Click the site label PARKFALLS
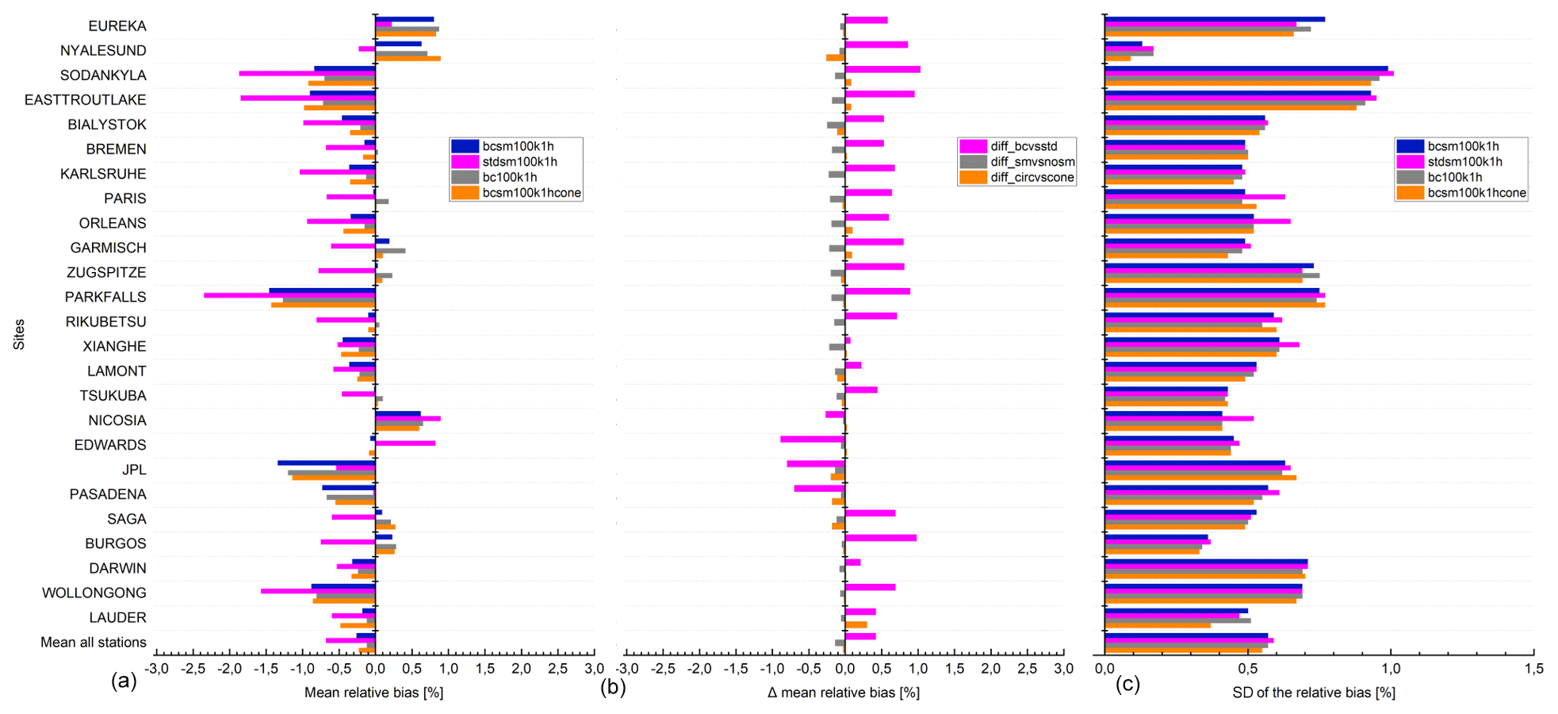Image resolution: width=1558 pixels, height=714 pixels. click(x=105, y=297)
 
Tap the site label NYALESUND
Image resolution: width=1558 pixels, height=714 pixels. click(x=103, y=51)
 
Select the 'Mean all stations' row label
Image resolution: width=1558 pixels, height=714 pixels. click(x=94, y=642)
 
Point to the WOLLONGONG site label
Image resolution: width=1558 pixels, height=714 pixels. click(x=94, y=593)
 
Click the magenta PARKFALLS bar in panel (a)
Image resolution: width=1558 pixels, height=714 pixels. click(x=289, y=295)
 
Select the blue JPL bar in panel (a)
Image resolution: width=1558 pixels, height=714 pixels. click(x=326, y=463)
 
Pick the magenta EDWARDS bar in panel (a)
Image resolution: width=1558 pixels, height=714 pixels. click(x=405, y=443)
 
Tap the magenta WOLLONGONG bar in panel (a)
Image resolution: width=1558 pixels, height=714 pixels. click(x=318, y=590)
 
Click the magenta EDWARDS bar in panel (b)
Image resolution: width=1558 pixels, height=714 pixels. click(x=813, y=439)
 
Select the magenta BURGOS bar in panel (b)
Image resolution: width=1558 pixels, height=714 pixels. click(x=881, y=538)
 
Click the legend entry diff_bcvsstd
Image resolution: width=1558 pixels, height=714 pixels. click(x=1024, y=146)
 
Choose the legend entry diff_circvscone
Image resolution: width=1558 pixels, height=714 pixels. click(x=1032, y=178)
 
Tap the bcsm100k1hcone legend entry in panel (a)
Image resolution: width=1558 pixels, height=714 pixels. click(x=531, y=193)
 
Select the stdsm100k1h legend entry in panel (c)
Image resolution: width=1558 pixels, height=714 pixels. click(x=1464, y=162)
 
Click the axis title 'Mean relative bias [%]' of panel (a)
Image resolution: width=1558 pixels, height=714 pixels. click(x=373, y=693)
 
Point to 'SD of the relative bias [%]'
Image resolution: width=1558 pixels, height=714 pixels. click(x=1314, y=693)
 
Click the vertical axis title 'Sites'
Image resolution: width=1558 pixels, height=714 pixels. click(x=19, y=334)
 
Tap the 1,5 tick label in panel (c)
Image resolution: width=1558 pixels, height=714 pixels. click(x=1533, y=669)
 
